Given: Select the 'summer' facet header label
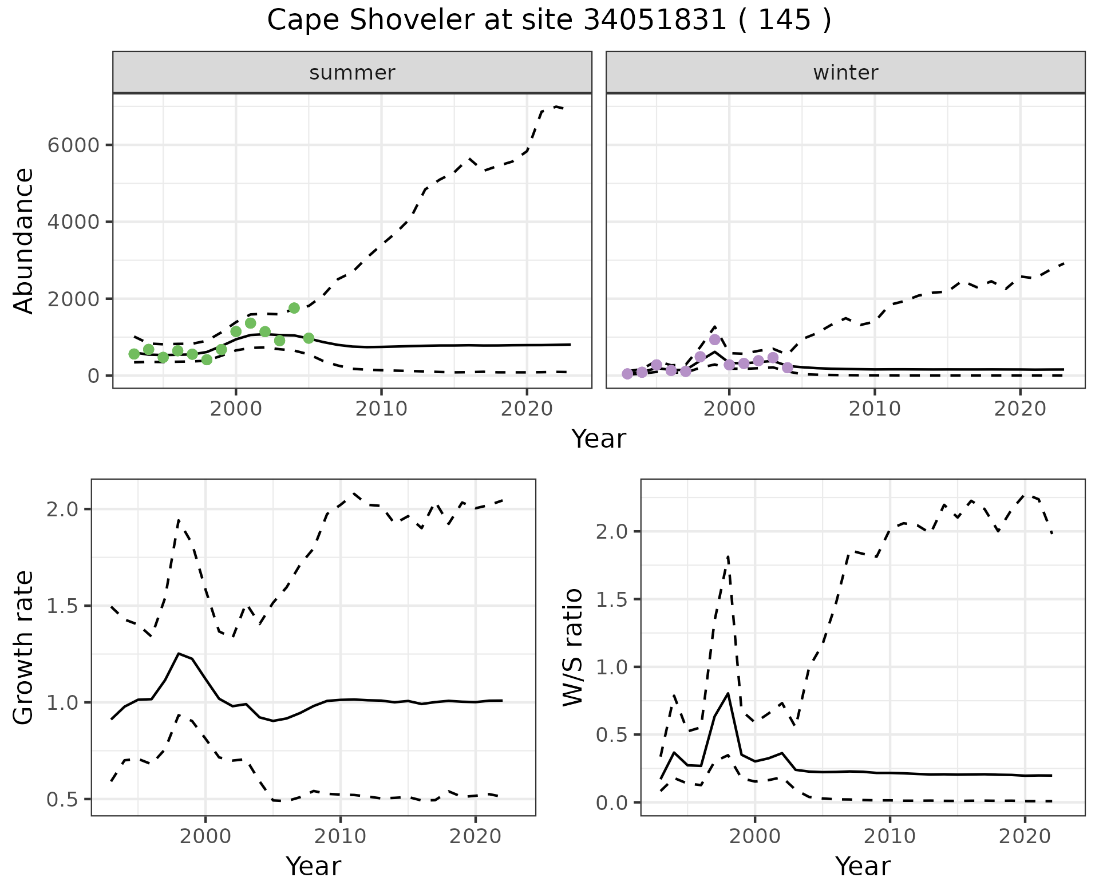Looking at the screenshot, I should (x=352, y=73).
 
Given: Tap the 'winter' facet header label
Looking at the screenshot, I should (x=845, y=73).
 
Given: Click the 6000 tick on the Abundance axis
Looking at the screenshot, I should (x=73, y=145).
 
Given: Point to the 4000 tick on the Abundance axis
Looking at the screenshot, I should (x=73, y=222).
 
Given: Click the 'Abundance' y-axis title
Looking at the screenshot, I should (x=24, y=240).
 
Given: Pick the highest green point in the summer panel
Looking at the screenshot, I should (x=294, y=308).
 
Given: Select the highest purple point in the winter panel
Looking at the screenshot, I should (x=714, y=339).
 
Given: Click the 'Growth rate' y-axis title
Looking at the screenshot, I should (x=24, y=647).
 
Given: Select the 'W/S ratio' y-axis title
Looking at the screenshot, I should (x=573, y=647).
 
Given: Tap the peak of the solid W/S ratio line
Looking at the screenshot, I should (x=728, y=693).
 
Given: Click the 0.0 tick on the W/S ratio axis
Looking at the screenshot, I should (x=612, y=803).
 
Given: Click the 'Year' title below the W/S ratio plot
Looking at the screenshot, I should (x=863, y=866).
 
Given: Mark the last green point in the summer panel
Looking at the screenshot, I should (x=309, y=338).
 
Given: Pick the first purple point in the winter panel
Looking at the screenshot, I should (x=627, y=374).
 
